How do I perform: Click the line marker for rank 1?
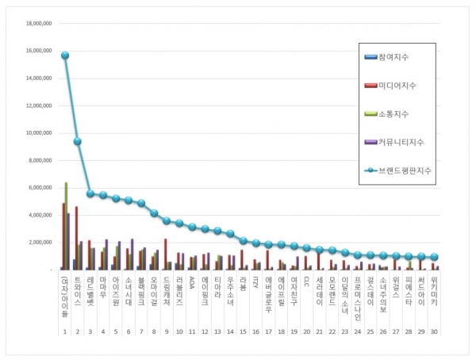pyautogui.click(x=65, y=55)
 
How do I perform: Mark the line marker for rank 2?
pyautogui.click(x=78, y=141)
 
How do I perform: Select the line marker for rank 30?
pyautogui.click(x=435, y=257)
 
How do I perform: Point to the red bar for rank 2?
pyautogui.click(x=76, y=238)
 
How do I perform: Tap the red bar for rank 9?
pyautogui.click(x=166, y=254)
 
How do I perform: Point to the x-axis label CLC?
pyautogui.click(x=306, y=281)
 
